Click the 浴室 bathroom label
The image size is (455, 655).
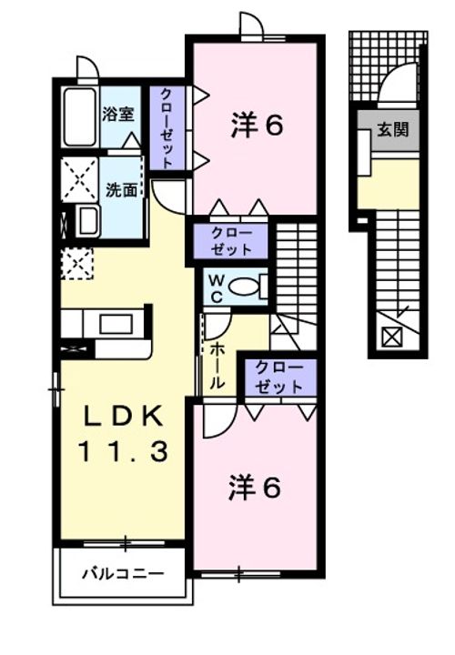click(x=118, y=116)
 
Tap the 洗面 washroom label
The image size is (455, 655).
click(x=121, y=190)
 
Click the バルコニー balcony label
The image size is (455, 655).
click(x=123, y=574)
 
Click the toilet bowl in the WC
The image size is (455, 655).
click(x=244, y=287)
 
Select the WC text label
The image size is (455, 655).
click(x=216, y=287)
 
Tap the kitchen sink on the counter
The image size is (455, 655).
click(x=115, y=323)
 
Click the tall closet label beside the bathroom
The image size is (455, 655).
click(x=168, y=127)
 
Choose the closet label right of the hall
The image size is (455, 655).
click(x=278, y=377)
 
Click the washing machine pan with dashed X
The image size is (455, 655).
click(x=78, y=177)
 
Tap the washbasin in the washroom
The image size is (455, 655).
click(x=86, y=221)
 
